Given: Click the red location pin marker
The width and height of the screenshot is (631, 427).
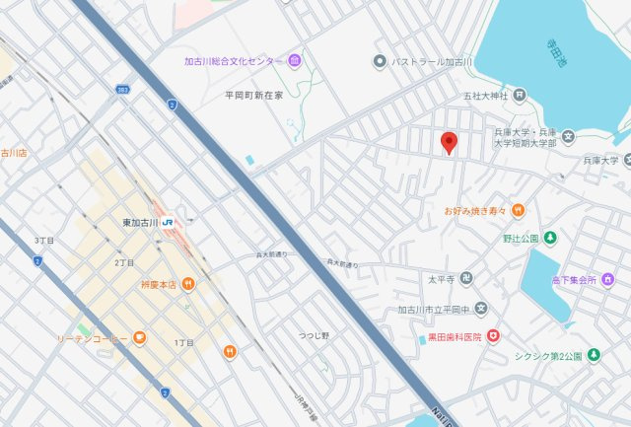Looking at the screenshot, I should pyautogui.click(x=449, y=144).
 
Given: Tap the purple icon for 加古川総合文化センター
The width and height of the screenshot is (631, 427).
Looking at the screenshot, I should pyautogui.click(x=296, y=62).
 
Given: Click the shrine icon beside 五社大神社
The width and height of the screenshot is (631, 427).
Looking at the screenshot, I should pyautogui.click(x=521, y=96).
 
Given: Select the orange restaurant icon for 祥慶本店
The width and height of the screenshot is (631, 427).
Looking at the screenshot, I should pyautogui.click(x=187, y=284).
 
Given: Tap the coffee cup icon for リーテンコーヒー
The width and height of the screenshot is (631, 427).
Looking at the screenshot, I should pyautogui.click(x=139, y=338).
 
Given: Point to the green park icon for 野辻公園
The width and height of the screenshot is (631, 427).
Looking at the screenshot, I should pyautogui.click(x=550, y=238).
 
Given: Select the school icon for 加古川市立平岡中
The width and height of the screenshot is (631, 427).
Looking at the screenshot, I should pyautogui.click(x=480, y=310).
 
